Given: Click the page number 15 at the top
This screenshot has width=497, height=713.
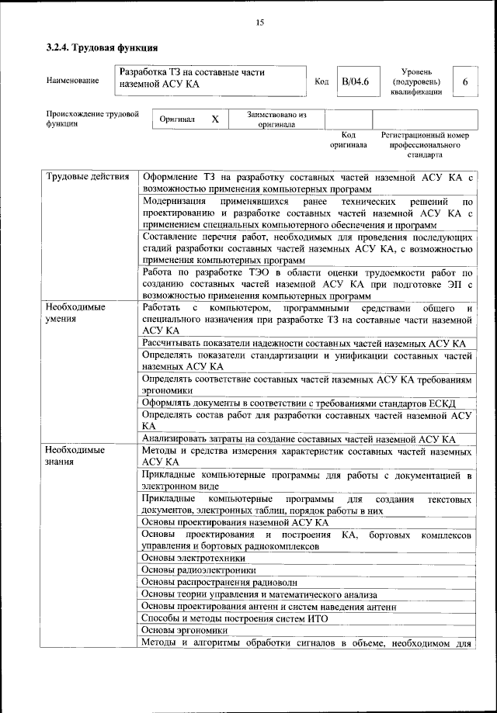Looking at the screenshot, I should [x=259, y=22].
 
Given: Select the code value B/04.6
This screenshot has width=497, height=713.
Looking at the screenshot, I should [x=355, y=81].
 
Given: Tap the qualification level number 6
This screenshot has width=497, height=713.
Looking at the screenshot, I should [x=464, y=81].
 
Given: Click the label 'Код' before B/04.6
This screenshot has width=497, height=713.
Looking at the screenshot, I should [x=321, y=81].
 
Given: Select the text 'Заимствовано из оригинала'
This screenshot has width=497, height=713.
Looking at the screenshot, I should [x=277, y=119].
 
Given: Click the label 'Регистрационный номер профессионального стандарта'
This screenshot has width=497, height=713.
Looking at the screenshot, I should [x=426, y=144].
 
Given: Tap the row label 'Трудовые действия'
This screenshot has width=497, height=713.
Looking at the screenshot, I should [x=87, y=177].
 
